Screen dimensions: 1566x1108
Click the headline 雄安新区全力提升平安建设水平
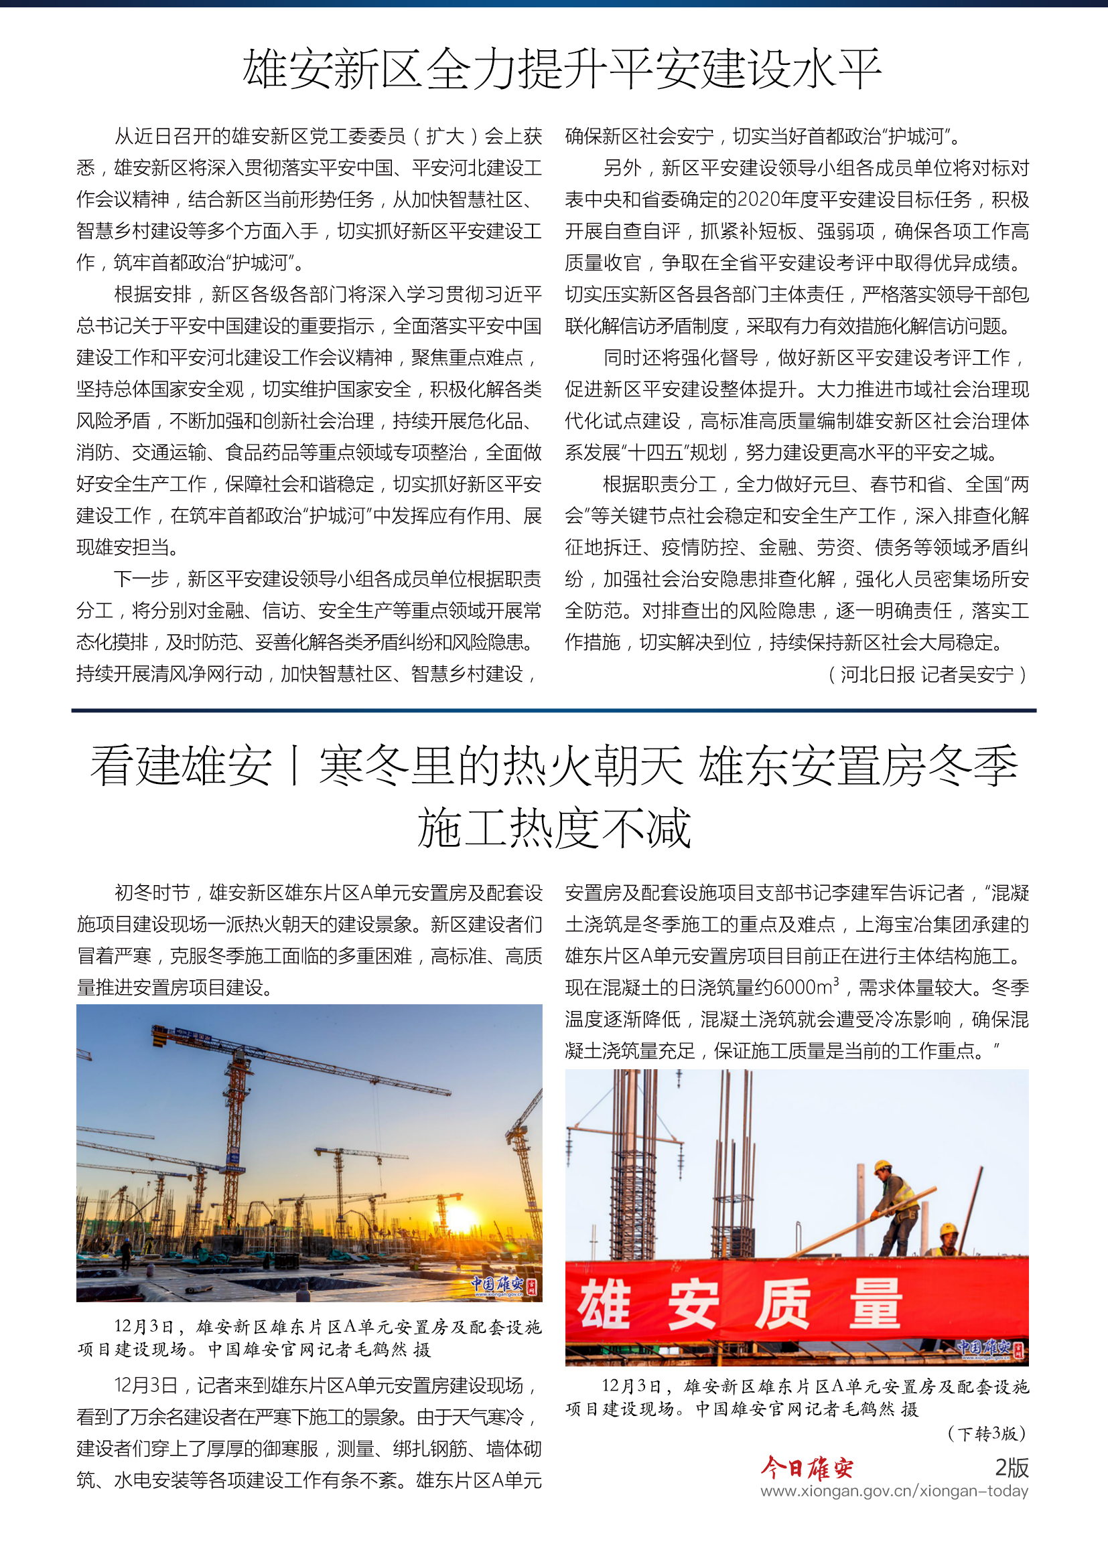561,70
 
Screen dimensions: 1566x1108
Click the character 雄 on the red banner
604,1304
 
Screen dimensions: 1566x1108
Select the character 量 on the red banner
876,1304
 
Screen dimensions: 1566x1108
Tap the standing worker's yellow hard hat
882,1166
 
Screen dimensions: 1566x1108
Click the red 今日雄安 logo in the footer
807,1467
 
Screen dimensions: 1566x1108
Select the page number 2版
1011,1467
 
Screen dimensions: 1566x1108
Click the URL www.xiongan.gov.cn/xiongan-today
894,1491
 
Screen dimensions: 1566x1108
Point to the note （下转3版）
986,1433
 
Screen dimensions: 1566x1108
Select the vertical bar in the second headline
295,765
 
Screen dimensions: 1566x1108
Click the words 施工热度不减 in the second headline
554,829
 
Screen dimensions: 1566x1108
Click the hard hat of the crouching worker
949,1229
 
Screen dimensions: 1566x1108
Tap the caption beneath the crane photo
309,1338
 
